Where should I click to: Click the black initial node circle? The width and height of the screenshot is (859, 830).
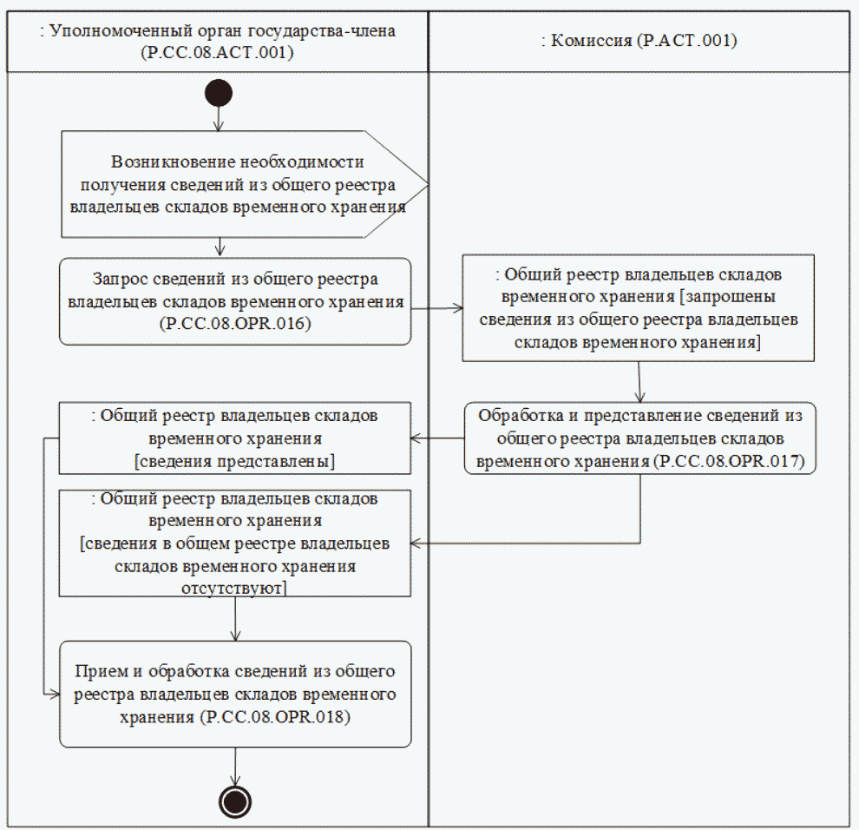[x=219, y=93]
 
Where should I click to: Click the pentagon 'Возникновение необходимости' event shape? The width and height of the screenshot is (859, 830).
[x=234, y=184]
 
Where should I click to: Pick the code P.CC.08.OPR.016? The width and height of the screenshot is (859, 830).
[x=234, y=325]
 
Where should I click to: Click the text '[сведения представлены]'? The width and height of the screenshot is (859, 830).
[x=235, y=460]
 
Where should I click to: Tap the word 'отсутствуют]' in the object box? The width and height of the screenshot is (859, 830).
[x=235, y=588]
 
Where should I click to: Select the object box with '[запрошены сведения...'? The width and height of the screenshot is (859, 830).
[x=638, y=307]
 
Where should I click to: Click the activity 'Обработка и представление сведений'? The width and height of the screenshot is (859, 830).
[x=641, y=438]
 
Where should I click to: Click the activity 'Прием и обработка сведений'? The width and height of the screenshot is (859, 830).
[x=235, y=694]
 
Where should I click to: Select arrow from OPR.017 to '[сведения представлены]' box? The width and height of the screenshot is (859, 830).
[x=437, y=438]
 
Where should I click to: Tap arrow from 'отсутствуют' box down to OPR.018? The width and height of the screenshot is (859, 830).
[x=235, y=618]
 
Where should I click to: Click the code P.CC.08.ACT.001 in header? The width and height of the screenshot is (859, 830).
[x=218, y=52]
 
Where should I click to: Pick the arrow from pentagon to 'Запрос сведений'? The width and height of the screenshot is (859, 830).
[x=220, y=247]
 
